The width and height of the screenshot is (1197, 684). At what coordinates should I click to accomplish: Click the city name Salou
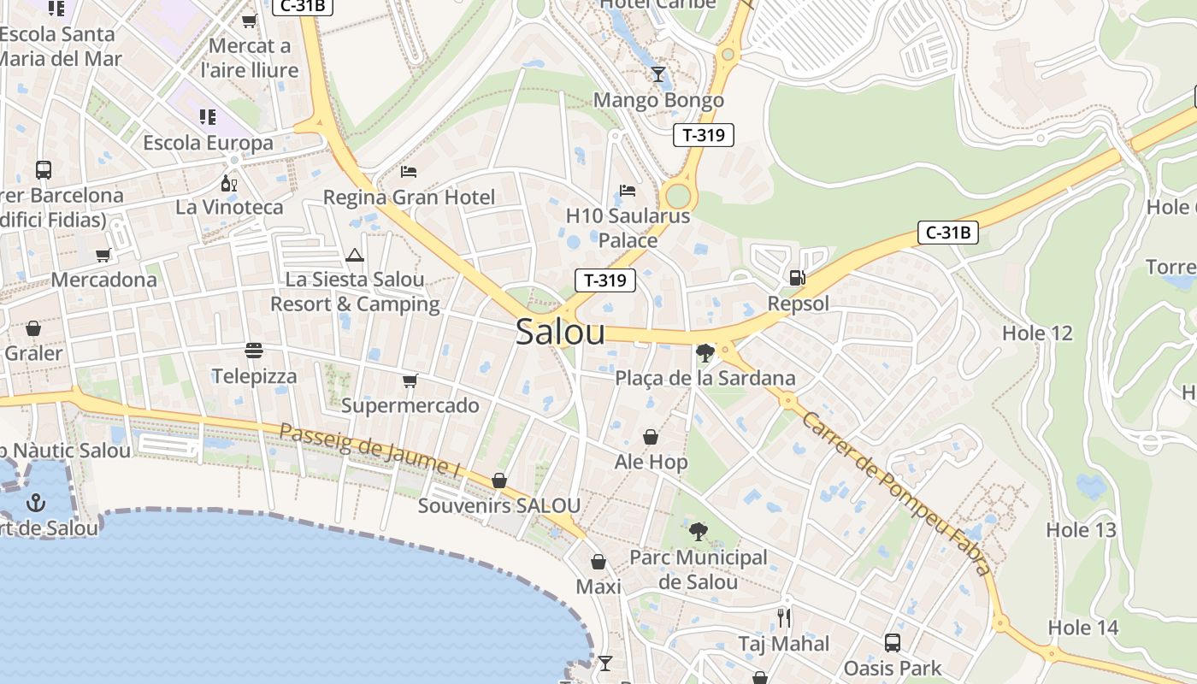[x=560, y=333]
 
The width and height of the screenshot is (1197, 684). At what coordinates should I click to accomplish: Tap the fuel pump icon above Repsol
[x=797, y=277]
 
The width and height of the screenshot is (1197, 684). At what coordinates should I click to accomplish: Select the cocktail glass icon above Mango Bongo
[x=657, y=74]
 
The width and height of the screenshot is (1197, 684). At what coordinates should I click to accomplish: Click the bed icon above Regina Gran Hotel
[x=409, y=172]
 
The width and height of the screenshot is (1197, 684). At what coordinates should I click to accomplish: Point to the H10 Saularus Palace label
[x=628, y=227]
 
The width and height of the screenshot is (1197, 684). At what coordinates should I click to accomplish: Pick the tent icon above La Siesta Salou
[x=355, y=255]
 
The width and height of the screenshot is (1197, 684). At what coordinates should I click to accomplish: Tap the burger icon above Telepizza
[x=254, y=351]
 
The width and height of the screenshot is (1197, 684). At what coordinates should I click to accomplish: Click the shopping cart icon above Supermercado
[x=410, y=380]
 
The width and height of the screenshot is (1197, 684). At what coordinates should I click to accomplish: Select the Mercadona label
[x=104, y=280]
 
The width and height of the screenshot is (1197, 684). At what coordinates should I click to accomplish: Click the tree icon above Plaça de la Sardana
[x=705, y=352]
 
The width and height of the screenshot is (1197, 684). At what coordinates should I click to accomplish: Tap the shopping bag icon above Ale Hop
[x=651, y=437]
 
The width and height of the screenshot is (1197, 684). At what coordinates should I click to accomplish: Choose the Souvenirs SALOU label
[x=498, y=505]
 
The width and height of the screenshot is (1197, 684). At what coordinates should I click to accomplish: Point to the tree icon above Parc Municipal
[x=699, y=532]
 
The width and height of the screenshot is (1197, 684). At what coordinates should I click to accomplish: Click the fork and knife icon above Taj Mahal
[x=783, y=617]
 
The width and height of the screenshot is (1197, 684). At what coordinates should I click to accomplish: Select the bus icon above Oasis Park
[x=892, y=642]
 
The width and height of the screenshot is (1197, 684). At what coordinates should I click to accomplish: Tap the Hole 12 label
[x=1036, y=333]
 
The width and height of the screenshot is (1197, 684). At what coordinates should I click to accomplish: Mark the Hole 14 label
[x=1082, y=628]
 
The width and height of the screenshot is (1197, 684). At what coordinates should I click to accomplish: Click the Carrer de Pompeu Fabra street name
[x=897, y=493]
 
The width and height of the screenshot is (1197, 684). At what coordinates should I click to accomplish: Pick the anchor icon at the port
[x=35, y=502]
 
